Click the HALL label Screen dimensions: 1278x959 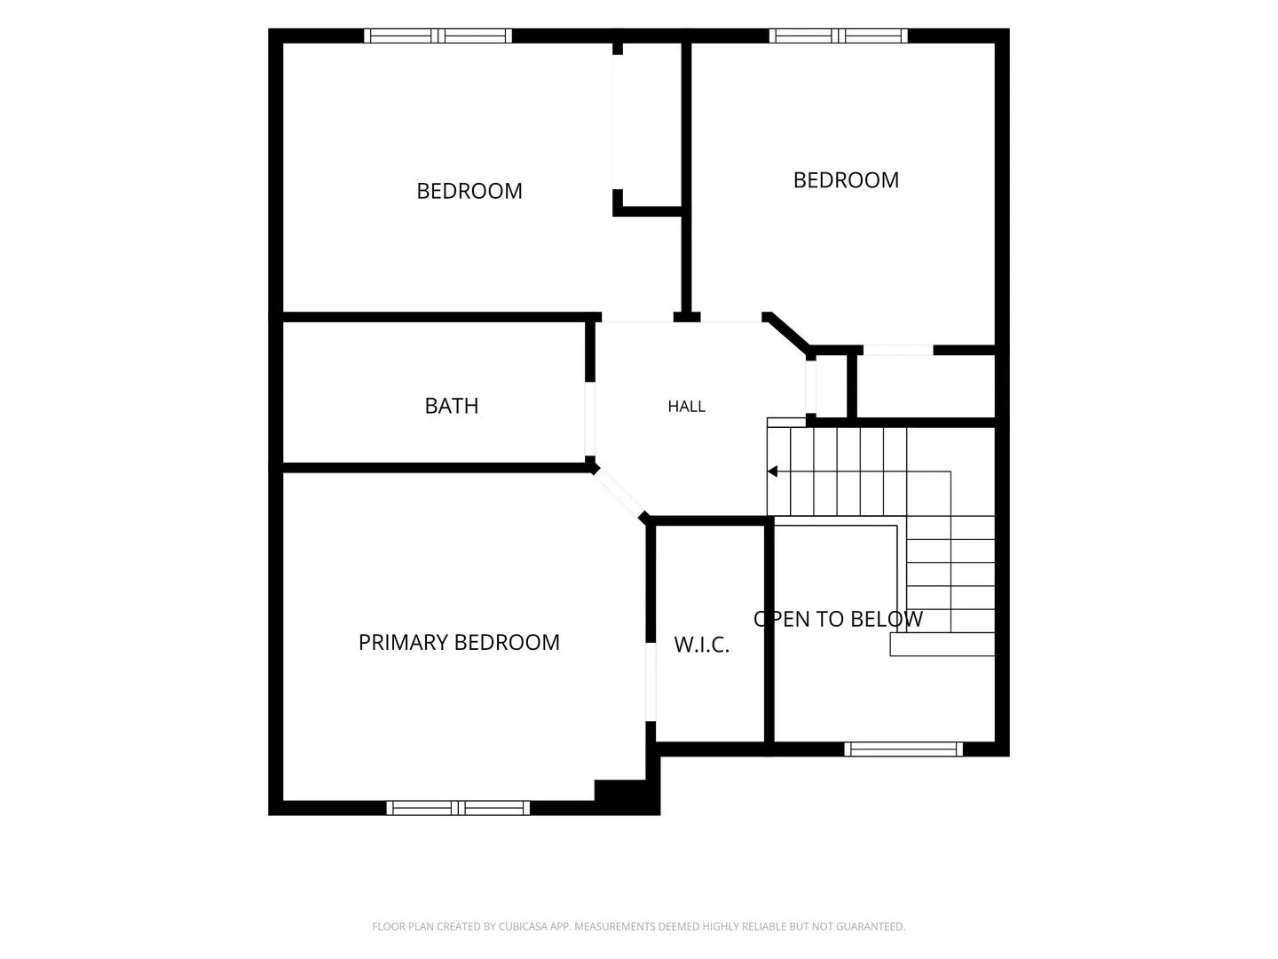pyautogui.click(x=686, y=407)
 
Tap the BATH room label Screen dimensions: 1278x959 pyautogui.click(x=451, y=406)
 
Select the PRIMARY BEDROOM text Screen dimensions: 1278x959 pyautogui.click(x=459, y=642)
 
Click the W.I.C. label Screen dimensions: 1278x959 pyautogui.click(x=701, y=645)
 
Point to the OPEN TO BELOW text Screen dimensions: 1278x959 pyautogui.click(x=838, y=619)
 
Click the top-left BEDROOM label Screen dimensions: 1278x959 pyautogui.click(x=469, y=191)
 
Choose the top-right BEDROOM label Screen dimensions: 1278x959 pyautogui.click(x=846, y=180)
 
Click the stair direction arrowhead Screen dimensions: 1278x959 pyautogui.click(x=773, y=471)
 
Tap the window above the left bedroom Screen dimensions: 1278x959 pyautogui.click(x=438, y=36)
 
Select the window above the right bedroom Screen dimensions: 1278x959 pyautogui.click(x=839, y=36)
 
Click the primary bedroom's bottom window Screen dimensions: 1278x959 pyautogui.click(x=458, y=808)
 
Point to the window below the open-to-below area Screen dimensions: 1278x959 pyautogui.click(x=903, y=749)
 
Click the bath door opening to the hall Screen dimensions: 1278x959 pyautogui.click(x=590, y=419)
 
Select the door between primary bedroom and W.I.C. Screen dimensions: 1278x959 pyautogui.click(x=651, y=682)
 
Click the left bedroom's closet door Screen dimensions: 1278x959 pyautogui.click(x=617, y=123)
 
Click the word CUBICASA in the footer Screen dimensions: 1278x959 pyautogui.click(x=521, y=926)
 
